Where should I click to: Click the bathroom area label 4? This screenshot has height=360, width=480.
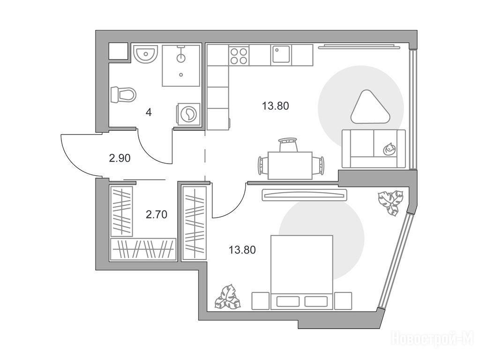149,112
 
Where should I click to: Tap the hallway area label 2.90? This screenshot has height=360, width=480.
120,158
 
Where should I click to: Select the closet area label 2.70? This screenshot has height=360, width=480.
157,215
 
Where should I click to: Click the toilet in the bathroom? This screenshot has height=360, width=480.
123,95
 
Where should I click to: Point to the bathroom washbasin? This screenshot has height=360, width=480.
145,55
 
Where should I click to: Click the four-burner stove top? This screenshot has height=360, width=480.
239,55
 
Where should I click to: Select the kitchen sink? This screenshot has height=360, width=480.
281,55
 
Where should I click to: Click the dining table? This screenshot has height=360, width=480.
290,165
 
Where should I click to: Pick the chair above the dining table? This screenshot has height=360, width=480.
288,144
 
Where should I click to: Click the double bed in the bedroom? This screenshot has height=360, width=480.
301,272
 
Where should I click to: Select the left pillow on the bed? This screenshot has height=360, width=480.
288,301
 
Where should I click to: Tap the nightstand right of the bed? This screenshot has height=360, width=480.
343,300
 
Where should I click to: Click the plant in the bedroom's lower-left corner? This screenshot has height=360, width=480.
227,296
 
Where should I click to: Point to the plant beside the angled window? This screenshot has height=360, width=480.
390,202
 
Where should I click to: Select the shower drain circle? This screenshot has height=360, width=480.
181,75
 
